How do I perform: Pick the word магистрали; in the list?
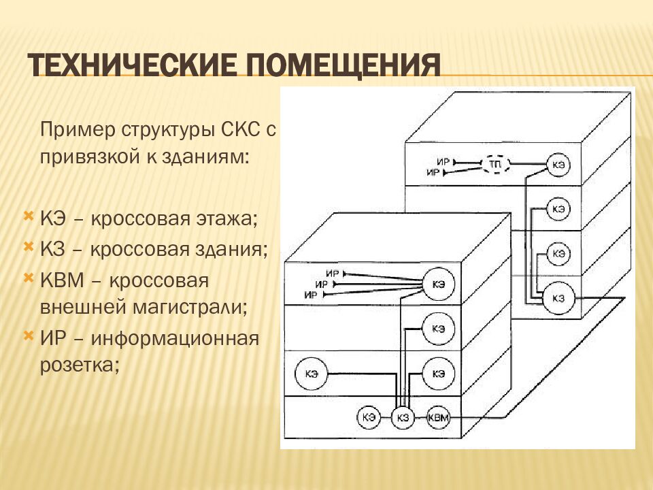190,308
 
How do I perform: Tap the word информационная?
175,338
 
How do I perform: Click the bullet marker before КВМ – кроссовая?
29,278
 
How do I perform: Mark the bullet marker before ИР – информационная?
29,336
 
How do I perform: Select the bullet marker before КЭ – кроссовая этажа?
29,216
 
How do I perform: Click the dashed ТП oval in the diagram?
496,164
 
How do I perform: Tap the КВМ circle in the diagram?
438,416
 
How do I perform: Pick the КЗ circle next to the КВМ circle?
403,417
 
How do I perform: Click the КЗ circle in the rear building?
558,298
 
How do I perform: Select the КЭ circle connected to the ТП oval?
558,165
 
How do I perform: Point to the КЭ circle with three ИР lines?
438,284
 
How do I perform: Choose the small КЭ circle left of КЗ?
369,417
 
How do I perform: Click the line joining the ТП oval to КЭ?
528,164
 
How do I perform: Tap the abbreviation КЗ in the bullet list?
53,249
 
